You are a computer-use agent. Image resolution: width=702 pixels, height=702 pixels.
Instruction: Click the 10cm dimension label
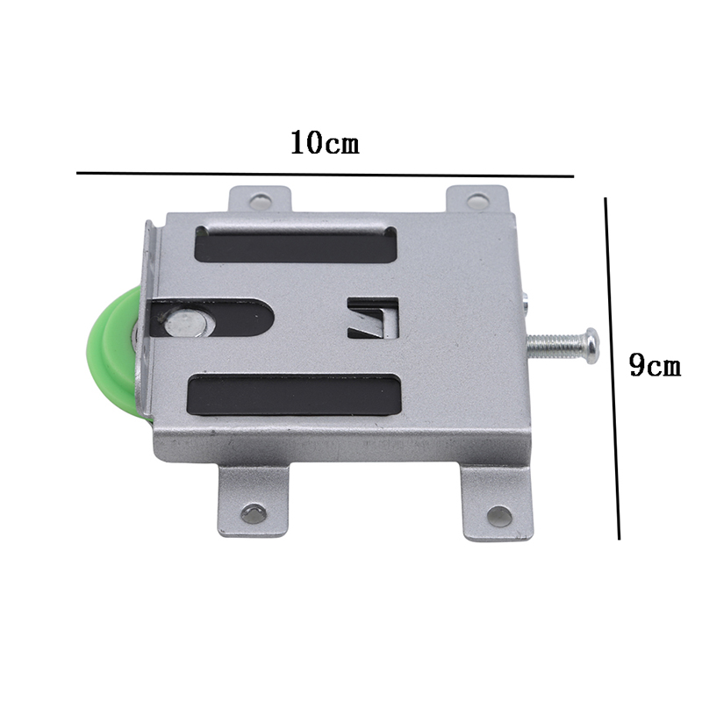(x=325, y=142)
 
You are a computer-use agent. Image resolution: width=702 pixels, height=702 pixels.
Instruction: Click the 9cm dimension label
(x=655, y=364)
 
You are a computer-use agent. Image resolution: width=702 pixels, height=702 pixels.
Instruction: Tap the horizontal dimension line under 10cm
(x=325, y=175)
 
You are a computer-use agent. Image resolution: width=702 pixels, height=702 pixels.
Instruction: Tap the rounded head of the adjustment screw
(x=591, y=346)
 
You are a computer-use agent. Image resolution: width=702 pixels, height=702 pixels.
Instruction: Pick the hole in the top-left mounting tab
(x=260, y=202)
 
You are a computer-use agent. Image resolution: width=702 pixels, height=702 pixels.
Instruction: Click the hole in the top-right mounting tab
(x=477, y=202)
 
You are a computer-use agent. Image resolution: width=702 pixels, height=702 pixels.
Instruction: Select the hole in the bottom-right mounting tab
(x=498, y=515)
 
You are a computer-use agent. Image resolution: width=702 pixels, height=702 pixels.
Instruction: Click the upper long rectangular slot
(x=296, y=245)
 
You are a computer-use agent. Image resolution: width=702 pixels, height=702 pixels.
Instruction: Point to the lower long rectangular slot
(x=295, y=395)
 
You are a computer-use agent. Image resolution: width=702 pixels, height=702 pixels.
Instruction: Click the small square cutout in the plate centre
(x=373, y=317)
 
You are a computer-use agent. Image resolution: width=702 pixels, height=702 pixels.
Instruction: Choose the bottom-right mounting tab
(x=498, y=505)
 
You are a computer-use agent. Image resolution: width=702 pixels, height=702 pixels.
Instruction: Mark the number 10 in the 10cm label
(x=307, y=142)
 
